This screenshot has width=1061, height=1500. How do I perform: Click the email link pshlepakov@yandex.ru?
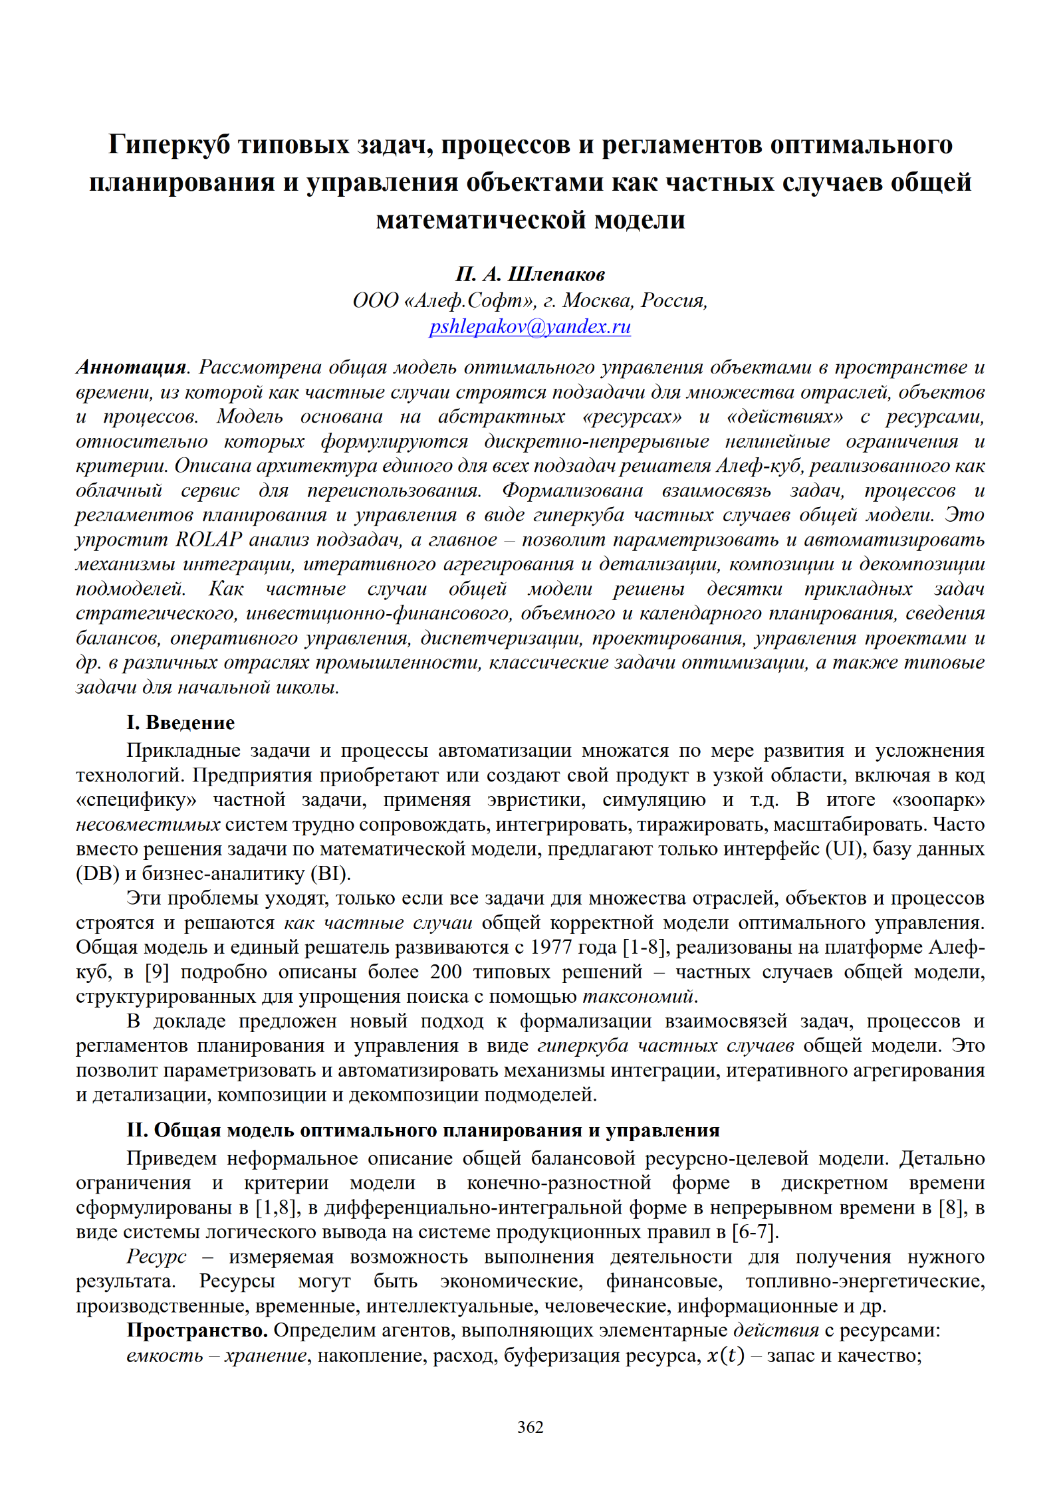coord(530,327)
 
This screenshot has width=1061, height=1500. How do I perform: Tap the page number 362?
coord(530,1427)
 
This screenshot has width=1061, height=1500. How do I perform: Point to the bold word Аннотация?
coord(131,367)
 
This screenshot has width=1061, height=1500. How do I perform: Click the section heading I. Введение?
coord(180,722)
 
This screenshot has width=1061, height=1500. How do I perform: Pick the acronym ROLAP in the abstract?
coord(208,539)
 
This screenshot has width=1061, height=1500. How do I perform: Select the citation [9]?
coord(157,972)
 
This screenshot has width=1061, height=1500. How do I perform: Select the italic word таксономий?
coord(638,996)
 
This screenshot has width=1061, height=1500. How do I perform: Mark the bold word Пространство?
coord(197,1331)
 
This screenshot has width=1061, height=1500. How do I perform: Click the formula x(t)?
coord(725,1355)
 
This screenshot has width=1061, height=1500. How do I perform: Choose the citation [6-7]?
coord(755,1232)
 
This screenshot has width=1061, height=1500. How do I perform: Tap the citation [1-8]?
coord(645,947)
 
